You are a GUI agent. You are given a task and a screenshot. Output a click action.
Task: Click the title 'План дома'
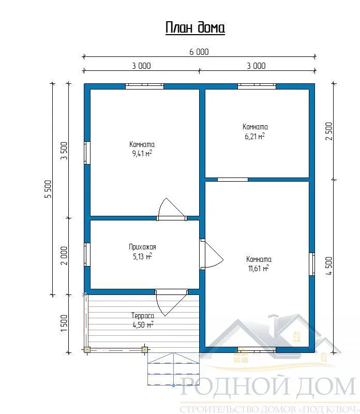195,27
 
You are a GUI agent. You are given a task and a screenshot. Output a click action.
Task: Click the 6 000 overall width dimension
199,52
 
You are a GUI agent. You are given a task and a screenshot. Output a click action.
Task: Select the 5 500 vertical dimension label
49,189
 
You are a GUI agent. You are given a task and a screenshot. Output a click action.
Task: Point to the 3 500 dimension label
64,151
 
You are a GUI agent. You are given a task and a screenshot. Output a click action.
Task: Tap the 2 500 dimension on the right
329,131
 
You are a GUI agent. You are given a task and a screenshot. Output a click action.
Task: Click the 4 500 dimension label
329,266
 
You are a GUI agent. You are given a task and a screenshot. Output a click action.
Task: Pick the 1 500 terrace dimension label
64,324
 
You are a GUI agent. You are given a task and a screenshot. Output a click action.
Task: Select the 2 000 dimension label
64,256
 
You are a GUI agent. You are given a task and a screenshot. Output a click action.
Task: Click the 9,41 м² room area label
142,153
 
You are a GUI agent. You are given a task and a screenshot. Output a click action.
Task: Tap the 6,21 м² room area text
254,136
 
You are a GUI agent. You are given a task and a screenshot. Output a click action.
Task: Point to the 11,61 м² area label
259,269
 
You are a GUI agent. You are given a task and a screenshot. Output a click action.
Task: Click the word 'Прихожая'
143,247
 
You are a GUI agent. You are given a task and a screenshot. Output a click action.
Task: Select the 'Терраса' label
143,316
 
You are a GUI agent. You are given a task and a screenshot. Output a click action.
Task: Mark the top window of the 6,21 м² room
257,86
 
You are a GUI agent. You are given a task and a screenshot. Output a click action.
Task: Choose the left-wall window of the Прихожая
87,255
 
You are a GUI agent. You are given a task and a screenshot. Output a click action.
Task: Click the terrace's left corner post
87,350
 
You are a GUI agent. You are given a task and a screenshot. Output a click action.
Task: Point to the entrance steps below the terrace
173,369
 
